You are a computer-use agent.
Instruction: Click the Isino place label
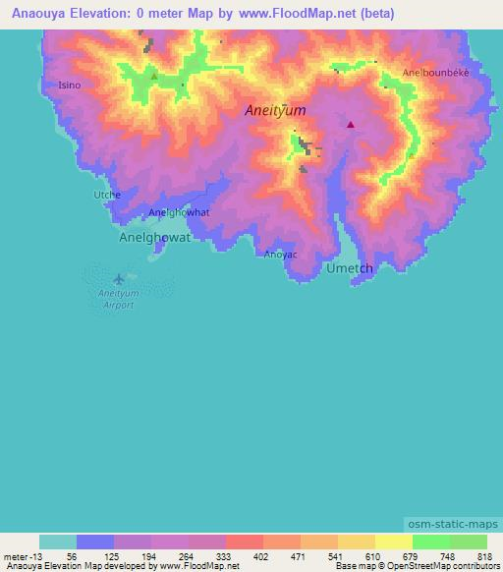[70, 86]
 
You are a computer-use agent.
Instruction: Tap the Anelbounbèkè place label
[435, 74]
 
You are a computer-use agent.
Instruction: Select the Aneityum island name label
[276, 113]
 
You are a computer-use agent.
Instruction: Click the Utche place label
[106, 195]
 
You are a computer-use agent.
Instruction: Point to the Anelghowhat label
[179, 212]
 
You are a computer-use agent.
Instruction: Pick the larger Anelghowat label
[154, 237]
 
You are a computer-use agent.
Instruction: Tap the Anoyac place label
[281, 255]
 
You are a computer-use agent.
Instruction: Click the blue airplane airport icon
[119, 279]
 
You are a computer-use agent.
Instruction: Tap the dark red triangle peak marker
[350, 125]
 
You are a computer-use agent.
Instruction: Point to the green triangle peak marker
[153, 76]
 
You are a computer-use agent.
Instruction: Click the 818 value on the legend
[485, 555]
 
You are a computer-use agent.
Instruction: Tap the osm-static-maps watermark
[454, 524]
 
